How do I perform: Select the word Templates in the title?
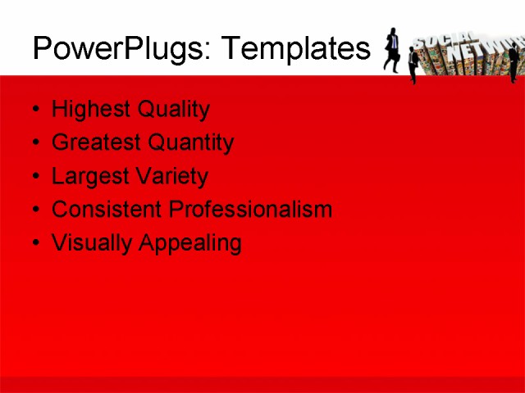pyautogui.click(x=296, y=50)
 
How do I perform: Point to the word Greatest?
pyautogui.click(x=93, y=143)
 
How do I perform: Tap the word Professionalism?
pyautogui.click(x=250, y=210)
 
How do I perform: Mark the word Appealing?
pyautogui.click(x=189, y=244)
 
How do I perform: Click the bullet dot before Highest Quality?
pyautogui.click(x=35, y=110)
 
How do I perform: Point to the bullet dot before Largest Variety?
pyautogui.click(x=35, y=177)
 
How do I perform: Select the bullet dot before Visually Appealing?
pyautogui.click(x=35, y=243)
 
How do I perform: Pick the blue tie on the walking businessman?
pyautogui.click(x=395, y=42)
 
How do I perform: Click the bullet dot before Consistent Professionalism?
pyautogui.click(x=35, y=210)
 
